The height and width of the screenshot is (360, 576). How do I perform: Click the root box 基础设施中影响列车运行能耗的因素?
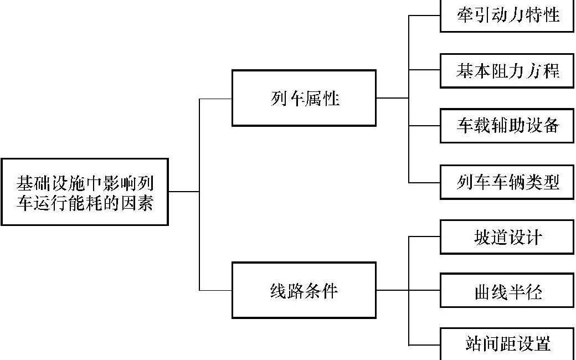[84, 192]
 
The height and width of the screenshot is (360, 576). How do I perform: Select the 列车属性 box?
[304, 98]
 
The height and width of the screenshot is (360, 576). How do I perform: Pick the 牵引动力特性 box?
[507, 16]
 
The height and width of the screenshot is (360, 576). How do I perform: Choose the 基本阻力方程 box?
[507, 71]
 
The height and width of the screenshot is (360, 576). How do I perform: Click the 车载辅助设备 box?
[507, 126]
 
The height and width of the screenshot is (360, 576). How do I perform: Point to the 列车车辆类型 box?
[507, 182]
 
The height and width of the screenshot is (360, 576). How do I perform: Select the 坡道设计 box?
[507, 237]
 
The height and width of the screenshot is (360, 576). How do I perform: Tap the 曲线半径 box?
[507, 291]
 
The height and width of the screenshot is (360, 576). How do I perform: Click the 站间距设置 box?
[507, 343]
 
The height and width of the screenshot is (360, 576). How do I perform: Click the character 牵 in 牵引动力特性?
[465, 15]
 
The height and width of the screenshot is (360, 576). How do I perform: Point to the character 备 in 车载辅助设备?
[550, 126]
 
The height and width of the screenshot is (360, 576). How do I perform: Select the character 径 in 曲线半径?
[533, 291]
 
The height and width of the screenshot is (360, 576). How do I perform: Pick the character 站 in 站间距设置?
[473, 344]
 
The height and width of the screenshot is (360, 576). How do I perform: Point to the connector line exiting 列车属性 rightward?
[392, 98]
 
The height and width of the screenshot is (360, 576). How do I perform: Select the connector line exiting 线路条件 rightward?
[392, 290]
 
